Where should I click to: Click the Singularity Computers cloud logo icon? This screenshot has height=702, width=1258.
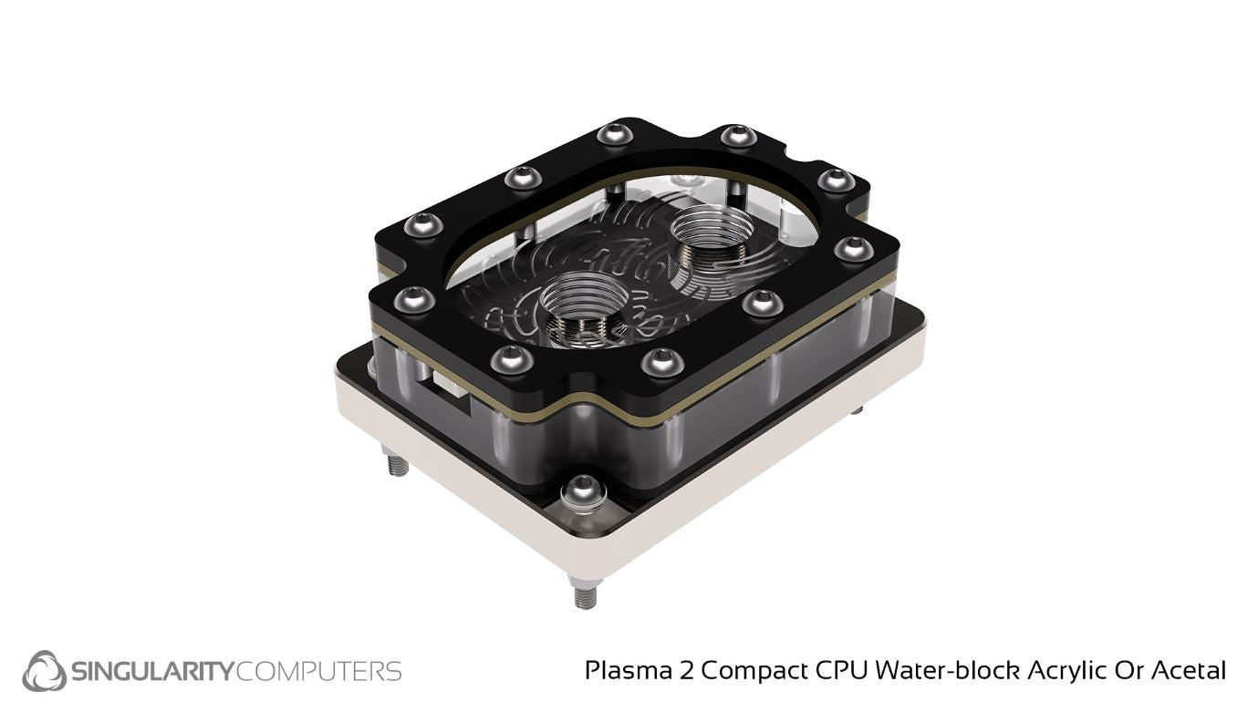pyautogui.click(x=45, y=671)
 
